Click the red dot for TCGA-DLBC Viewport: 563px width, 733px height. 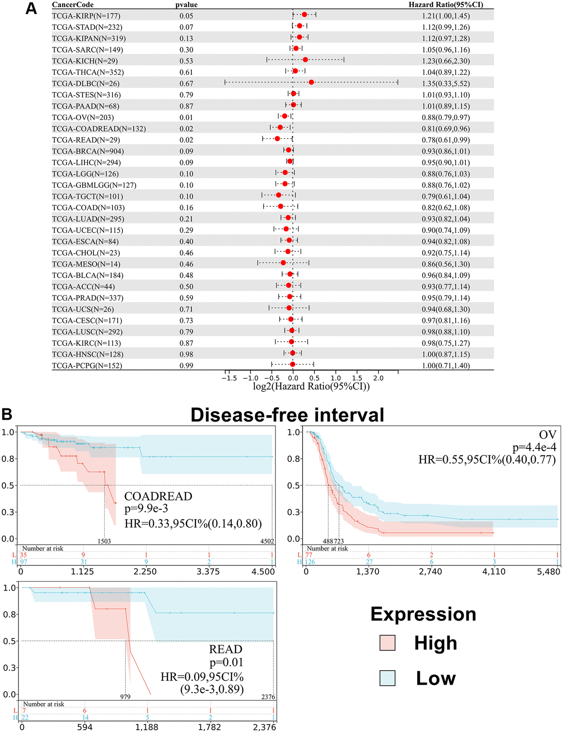[311, 82]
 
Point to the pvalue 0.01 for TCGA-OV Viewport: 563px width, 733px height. [186, 117]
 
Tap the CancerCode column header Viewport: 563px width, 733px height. [73, 5]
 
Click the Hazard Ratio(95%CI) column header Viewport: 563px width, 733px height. [445, 5]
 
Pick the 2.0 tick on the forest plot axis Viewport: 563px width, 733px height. [378, 378]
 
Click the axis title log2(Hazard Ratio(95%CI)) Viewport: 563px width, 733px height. [311, 386]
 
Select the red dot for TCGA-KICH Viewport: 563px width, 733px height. [305, 60]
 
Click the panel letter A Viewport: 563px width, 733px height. [31, 8]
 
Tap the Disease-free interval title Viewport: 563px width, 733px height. [287, 416]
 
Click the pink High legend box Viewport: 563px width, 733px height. [388, 642]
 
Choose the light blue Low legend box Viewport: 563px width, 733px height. [388, 678]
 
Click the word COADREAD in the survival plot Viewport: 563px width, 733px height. [158, 496]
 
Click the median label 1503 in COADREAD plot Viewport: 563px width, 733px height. [104, 541]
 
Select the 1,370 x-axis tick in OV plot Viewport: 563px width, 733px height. [368, 572]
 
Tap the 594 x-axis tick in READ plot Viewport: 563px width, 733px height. [84, 727]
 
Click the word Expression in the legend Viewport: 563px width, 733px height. [423, 614]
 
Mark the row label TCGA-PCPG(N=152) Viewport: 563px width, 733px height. [87, 366]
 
